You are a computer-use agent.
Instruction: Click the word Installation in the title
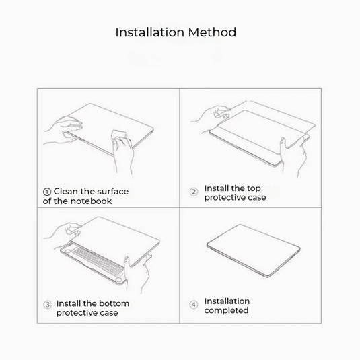(x=150, y=32)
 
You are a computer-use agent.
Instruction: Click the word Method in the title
(x=213, y=32)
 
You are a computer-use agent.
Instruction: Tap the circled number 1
(x=47, y=192)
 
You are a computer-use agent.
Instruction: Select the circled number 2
(x=194, y=192)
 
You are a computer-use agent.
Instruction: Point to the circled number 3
(x=47, y=305)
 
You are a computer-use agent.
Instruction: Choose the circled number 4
(x=194, y=305)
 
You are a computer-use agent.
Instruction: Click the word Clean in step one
(x=66, y=192)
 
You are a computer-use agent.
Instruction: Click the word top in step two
(x=254, y=188)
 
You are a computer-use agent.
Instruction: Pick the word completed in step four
(x=226, y=310)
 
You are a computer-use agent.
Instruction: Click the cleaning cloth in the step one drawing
(x=119, y=136)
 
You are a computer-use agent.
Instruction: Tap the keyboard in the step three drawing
(x=98, y=261)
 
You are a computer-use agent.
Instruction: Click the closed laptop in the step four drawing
(x=254, y=251)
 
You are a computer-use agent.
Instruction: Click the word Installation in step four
(x=227, y=301)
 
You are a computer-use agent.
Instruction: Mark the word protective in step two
(x=225, y=197)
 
